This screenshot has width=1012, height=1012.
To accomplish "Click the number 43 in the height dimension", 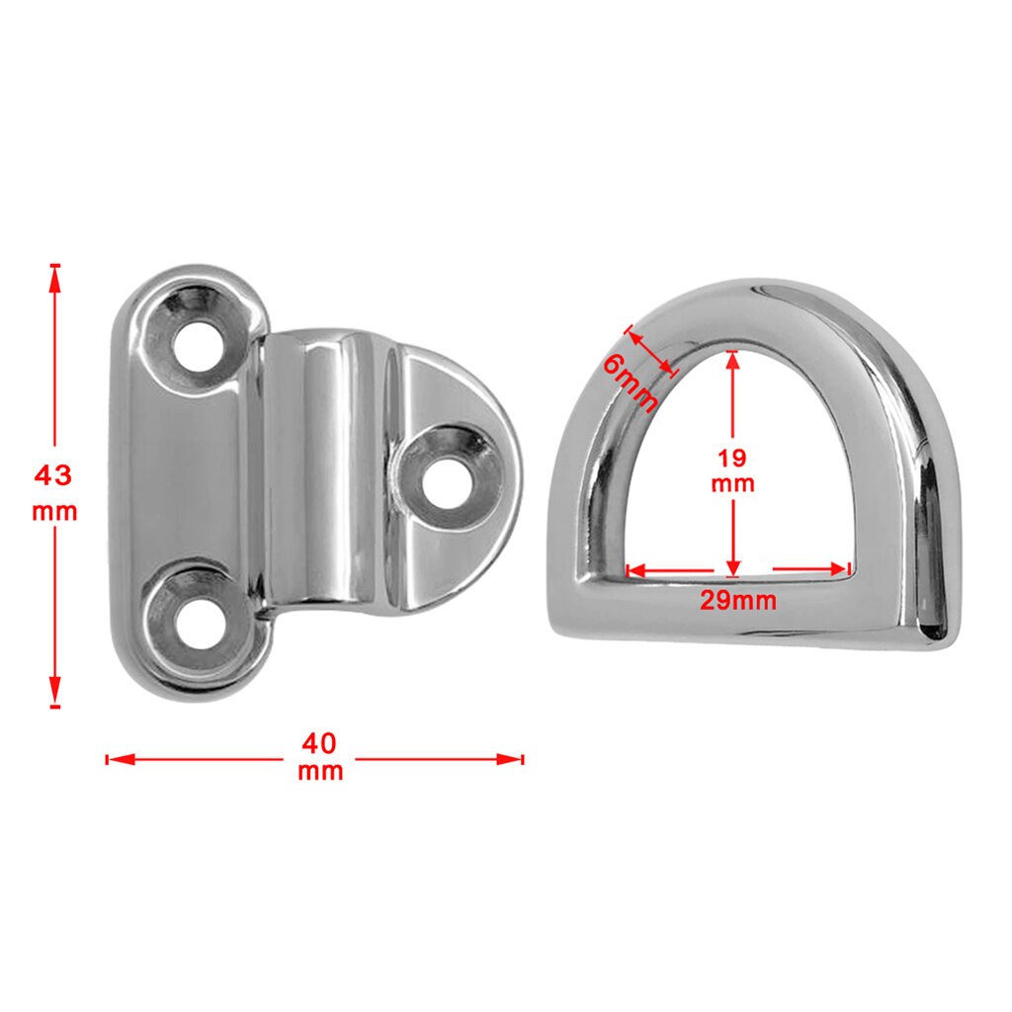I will tap(53, 475).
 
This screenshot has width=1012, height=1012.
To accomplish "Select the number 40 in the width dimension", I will tap(321, 740).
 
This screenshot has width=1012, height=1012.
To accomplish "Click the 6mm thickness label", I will tap(630, 383).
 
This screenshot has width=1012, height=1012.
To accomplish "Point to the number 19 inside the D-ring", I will tap(733, 458).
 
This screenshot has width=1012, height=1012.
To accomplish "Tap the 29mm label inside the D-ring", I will tap(738, 600).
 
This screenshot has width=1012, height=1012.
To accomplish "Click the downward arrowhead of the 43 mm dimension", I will tap(55, 692).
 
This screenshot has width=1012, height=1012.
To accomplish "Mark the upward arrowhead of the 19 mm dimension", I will tap(732, 362).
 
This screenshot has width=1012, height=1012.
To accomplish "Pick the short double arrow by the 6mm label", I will tap(652, 352).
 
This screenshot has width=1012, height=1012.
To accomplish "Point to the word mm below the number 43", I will tap(53, 513).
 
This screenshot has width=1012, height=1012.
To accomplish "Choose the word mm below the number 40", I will tap(321, 772).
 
